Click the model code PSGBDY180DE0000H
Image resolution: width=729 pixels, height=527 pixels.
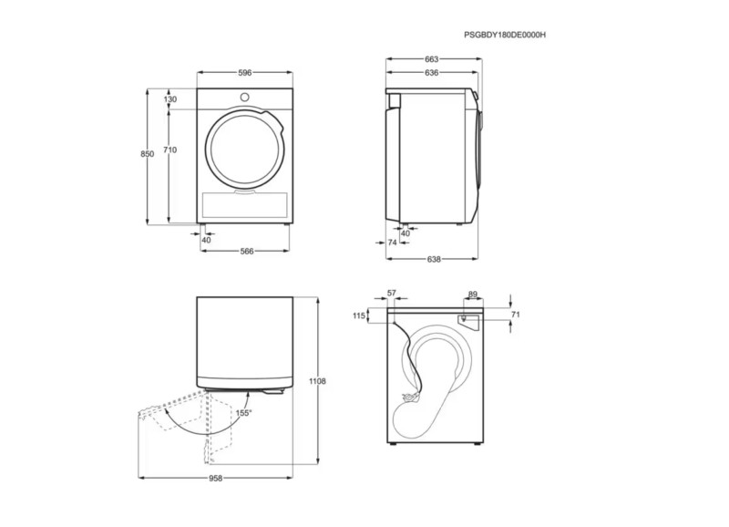pyautogui.click(x=505, y=35)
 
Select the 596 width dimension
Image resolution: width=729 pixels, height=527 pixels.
pyautogui.click(x=245, y=73)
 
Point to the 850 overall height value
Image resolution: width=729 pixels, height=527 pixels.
pyautogui.click(x=148, y=154)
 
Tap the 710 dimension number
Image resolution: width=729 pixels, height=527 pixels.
pyautogui.click(x=170, y=150)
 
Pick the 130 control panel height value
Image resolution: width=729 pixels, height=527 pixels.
pyautogui.click(x=170, y=99)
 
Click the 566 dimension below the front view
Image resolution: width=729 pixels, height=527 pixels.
pyautogui.click(x=247, y=251)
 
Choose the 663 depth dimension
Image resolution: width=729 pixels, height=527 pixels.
pyautogui.click(x=431, y=59)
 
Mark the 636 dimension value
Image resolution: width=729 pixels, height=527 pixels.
pyautogui.click(x=431, y=73)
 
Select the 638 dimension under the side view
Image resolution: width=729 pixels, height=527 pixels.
pyautogui.click(x=434, y=259)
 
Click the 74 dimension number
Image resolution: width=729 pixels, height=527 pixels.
pyautogui.click(x=393, y=243)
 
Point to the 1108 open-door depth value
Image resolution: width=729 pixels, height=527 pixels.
pyautogui.click(x=317, y=381)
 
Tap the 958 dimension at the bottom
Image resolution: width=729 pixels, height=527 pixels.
pyautogui.click(x=216, y=478)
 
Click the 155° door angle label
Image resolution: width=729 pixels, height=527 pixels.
pyautogui.click(x=243, y=413)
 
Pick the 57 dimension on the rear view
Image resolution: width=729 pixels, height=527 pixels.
pyautogui.click(x=392, y=293)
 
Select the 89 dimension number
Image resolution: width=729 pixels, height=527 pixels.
pyautogui.click(x=473, y=294)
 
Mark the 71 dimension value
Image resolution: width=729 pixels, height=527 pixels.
pyautogui.click(x=515, y=315)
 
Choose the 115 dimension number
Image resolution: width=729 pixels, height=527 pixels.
pyautogui.click(x=359, y=315)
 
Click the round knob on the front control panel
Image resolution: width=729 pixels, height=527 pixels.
pyautogui.click(x=244, y=98)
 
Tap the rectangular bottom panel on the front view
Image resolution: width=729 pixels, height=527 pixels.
pyautogui.click(x=245, y=205)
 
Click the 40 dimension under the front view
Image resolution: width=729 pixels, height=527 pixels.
pyautogui.click(x=207, y=240)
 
